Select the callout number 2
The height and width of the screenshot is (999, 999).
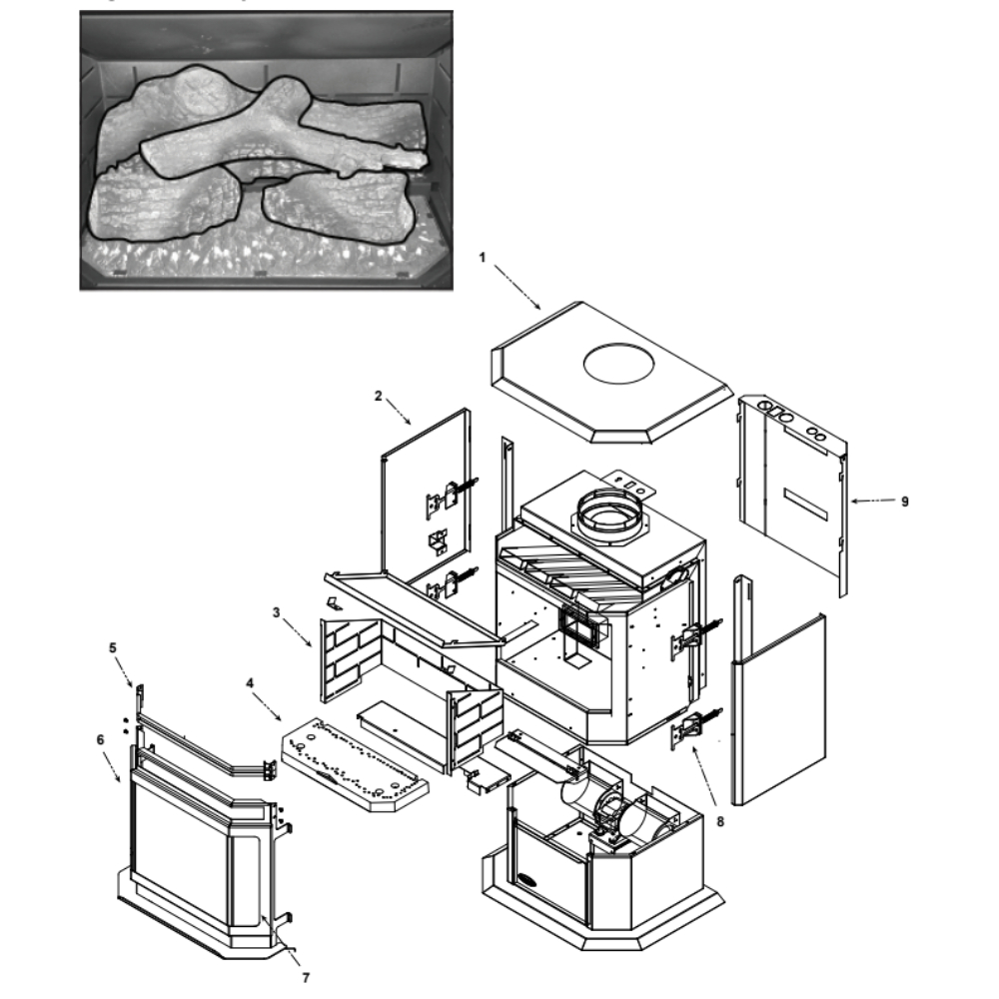[x=379, y=396]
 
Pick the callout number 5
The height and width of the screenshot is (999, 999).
[x=112, y=647]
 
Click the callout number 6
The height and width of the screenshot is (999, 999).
[x=99, y=739]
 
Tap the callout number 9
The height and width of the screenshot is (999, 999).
[x=905, y=501]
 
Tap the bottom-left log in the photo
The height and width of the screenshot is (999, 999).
[x=165, y=205]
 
